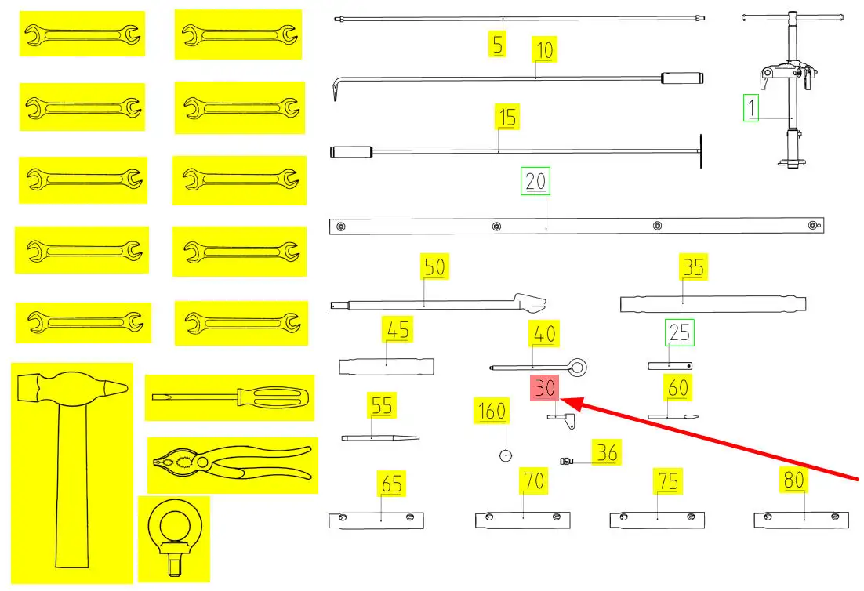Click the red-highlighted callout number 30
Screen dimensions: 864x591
pyautogui.click(x=546, y=388)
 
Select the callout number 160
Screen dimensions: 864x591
pyautogui.click(x=492, y=411)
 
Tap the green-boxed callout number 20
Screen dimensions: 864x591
pyautogui.click(x=536, y=181)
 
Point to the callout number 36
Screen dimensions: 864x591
pyautogui.click(x=607, y=452)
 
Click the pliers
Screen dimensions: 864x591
pyautogui.click(x=233, y=464)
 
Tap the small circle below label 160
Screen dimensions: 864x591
pyautogui.click(x=506, y=455)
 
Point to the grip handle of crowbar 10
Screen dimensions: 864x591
pyautogui.click(x=682, y=78)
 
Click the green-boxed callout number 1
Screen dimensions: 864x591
pyautogui.click(x=752, y=107)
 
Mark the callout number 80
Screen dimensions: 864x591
pyautogui.click(x=793, y=480)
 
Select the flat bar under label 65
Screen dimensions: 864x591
pyautogui.click(x=376, y=520)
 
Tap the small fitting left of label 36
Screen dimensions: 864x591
pyautogui.click(x=565, y=460)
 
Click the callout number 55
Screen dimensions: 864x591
pyautogui.click(x=382, y=406)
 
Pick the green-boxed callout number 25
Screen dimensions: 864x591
pyautogui.click(x=680, y=333)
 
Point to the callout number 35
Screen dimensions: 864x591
pyautogui.click(x=693, y=267)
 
